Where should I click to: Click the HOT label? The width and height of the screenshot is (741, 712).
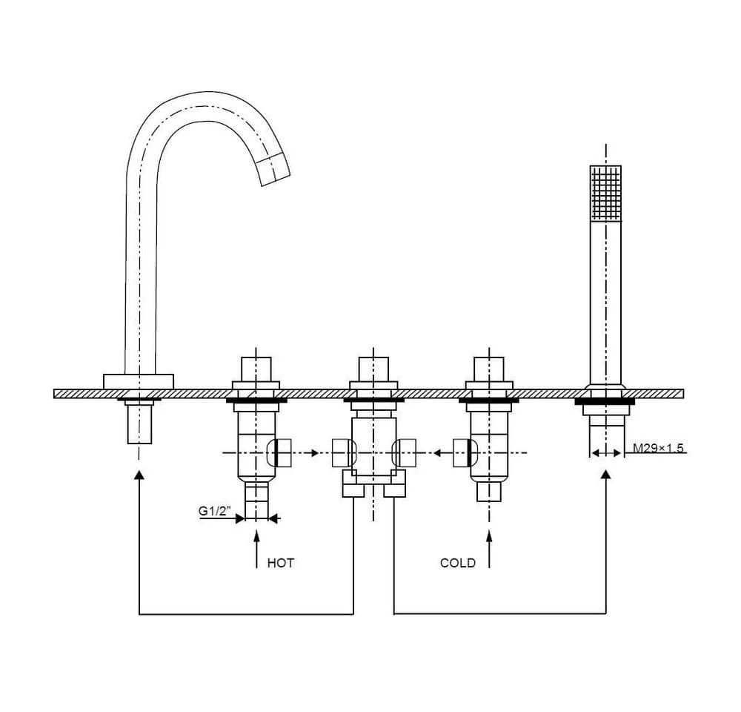coord(280,563)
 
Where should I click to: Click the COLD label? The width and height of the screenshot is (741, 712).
coord(457,563)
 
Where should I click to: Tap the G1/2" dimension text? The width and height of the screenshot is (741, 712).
coord(214,511)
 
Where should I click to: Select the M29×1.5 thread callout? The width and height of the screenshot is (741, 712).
coord(658,447)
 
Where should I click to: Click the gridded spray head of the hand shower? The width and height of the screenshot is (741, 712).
coord(605,193)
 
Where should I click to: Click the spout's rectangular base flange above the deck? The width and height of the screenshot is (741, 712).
coord(139,382)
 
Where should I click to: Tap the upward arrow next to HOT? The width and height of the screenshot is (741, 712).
coord(256,549)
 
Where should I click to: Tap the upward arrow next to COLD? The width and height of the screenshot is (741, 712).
coord(489,549)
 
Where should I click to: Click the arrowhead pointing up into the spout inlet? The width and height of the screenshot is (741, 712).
coord(139,475)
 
